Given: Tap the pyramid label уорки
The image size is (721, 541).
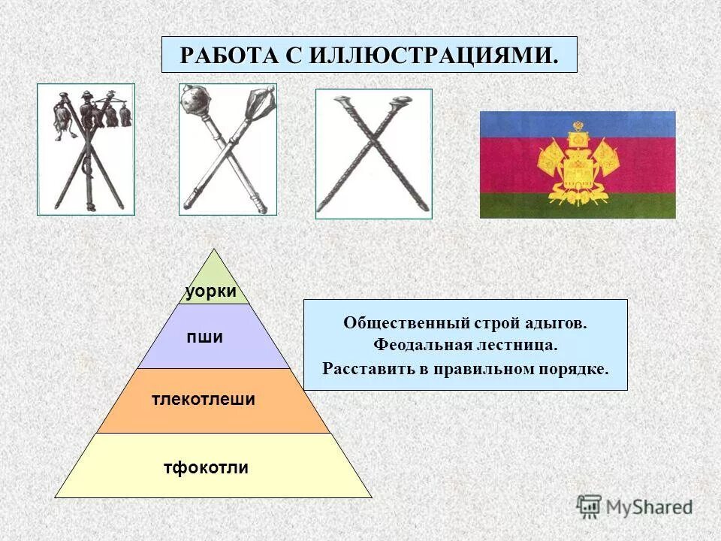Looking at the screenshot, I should tap(212, 291).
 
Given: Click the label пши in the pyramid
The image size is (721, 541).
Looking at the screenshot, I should tap(205, 337).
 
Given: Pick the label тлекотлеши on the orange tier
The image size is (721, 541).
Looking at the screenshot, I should tap(204, 400).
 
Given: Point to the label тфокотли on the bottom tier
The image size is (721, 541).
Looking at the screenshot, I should tap(206, 468).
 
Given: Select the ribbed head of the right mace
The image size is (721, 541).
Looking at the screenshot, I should tap(263, 97).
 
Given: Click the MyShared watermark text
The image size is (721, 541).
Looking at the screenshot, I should tap(650, 506).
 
